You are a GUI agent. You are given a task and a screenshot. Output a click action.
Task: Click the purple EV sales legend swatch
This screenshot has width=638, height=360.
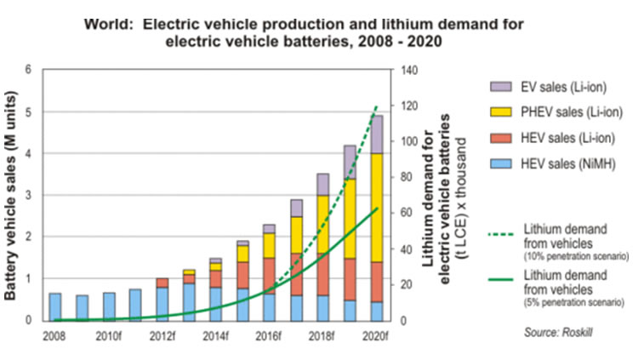pyautogui.click(x=501, y=87)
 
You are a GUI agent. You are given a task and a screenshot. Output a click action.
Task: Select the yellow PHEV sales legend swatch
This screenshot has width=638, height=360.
pyautogui.click(x=501, y=112)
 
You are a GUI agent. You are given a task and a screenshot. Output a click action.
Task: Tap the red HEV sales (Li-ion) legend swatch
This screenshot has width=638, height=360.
pyautogui.click(x=501, y=138)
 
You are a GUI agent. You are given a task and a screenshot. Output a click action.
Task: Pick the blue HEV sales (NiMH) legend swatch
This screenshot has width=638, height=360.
pyautogui.click(x=501, y=163)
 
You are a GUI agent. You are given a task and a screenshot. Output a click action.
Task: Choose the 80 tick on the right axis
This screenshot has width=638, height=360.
pyautogui.click(x=405, y=177)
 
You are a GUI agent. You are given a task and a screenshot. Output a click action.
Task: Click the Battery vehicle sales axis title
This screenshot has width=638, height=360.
pyautogui.click(x=11, y=195)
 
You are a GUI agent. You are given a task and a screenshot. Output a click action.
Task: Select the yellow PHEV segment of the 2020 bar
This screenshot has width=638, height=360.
pyautogui.click(x=375, y=208)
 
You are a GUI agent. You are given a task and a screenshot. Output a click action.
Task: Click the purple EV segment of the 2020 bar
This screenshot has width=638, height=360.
pyautogui.click(x=375, y=134)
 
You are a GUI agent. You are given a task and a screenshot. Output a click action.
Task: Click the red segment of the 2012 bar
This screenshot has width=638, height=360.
pyautogui.click(x=162, y=283)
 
